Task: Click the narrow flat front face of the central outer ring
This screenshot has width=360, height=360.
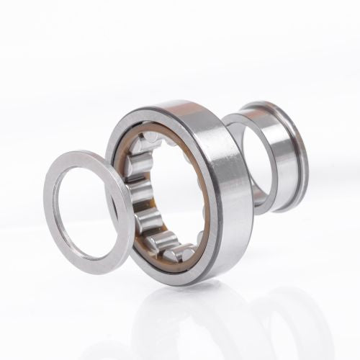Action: [x=122, y=130]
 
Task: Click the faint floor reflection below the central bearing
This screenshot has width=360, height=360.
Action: [x=187, y=317]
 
